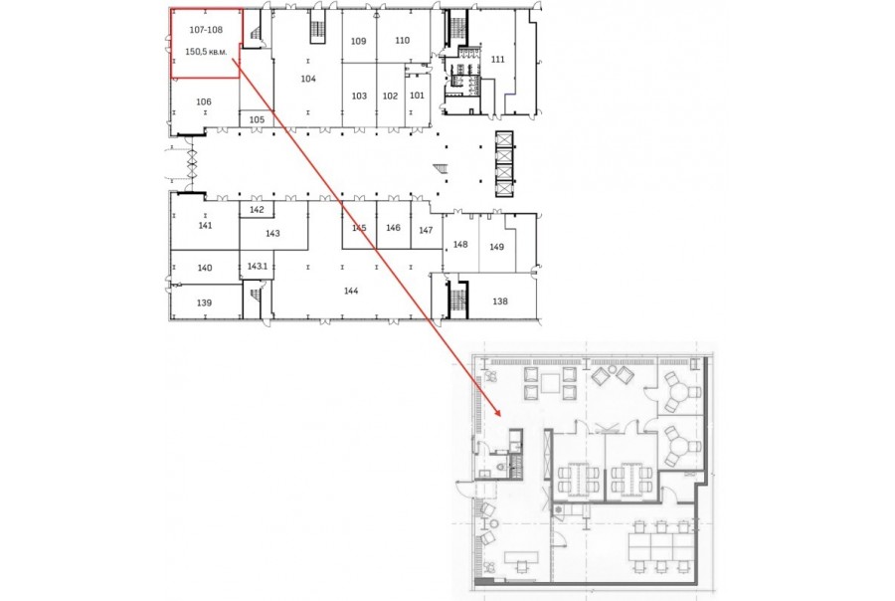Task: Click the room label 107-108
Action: coord(206,30)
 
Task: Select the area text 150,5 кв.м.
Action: coord(206,52)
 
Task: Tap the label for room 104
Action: coord(308,79)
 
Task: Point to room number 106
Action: coord(204,101)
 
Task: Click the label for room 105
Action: coord(257,120)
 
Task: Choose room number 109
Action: coord(358,41)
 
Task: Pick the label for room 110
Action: coord(403,41)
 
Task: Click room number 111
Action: coord(498,60)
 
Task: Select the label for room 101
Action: coord(418,96)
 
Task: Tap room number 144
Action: coord(351,291)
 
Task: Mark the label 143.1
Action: coord(258,267)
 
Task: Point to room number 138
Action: coord(500,301)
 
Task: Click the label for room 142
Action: coord(257,210)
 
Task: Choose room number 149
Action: coord(496,247)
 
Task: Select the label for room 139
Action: coord(204,302)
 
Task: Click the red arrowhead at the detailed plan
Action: coord(497,411)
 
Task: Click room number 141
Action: coord(205,226)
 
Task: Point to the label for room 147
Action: coord(426,230)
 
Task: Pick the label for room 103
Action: coord(359,96)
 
